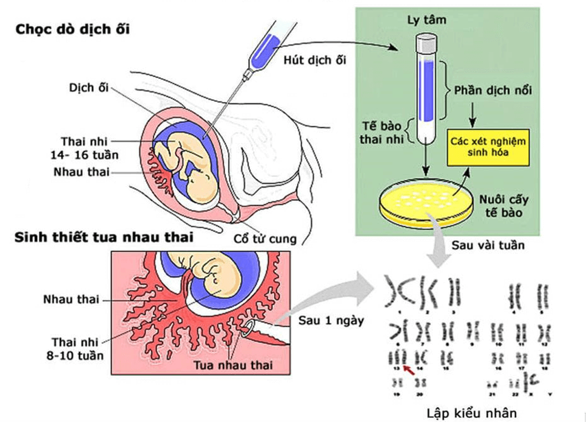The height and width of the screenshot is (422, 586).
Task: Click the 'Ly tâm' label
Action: tap(430, 20)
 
